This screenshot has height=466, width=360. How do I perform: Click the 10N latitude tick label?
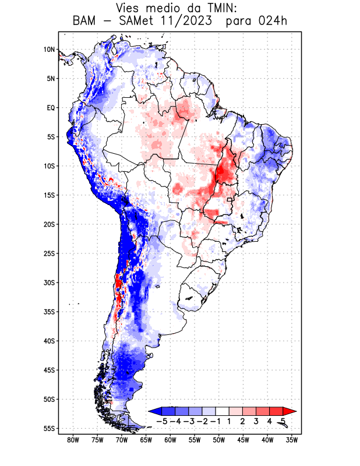tap(49, 50)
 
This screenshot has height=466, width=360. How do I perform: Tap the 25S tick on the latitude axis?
tap(49, 253)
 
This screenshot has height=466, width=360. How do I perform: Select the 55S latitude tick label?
tap(49, 428)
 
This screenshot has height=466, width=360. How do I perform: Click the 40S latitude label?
tap(49, 341)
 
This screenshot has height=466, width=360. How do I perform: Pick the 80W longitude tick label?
tap(73, 440)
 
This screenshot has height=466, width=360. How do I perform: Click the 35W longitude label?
tap(292, 440)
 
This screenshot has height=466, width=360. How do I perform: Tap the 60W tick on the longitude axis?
tap(171, 440)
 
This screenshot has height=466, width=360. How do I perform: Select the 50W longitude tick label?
tap(219, 440)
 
